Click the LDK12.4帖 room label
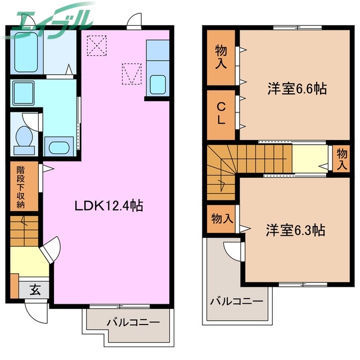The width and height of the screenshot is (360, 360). coord(109,206)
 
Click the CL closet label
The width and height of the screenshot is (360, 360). coord(221,114)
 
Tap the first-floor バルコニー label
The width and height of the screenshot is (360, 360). coord(133,322)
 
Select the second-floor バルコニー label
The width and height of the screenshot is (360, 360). coord(236,301)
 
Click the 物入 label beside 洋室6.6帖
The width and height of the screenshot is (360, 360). coord(221,57)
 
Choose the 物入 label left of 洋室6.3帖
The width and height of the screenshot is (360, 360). coord(222,218)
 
